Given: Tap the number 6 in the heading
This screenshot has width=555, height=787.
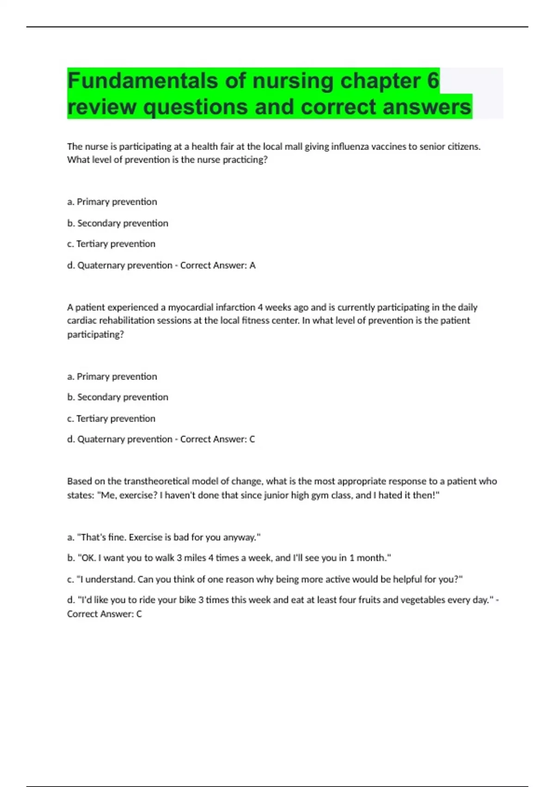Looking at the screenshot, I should (433, 81).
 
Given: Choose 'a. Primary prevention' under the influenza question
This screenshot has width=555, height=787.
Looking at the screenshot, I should (112, 202).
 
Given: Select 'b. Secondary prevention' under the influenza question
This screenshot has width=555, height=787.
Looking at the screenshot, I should (117, 223).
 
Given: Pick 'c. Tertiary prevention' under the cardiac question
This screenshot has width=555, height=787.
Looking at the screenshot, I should (111, 418).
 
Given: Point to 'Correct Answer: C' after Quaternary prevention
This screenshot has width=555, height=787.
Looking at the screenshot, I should (217, 439).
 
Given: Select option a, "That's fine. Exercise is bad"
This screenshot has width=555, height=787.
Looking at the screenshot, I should (164, 537).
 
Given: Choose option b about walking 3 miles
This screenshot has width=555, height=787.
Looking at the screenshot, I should (229, 558).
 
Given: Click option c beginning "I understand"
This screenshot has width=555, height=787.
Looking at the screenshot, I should (265, 579).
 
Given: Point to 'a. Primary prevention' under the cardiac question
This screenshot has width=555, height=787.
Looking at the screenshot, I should (112, 376).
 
